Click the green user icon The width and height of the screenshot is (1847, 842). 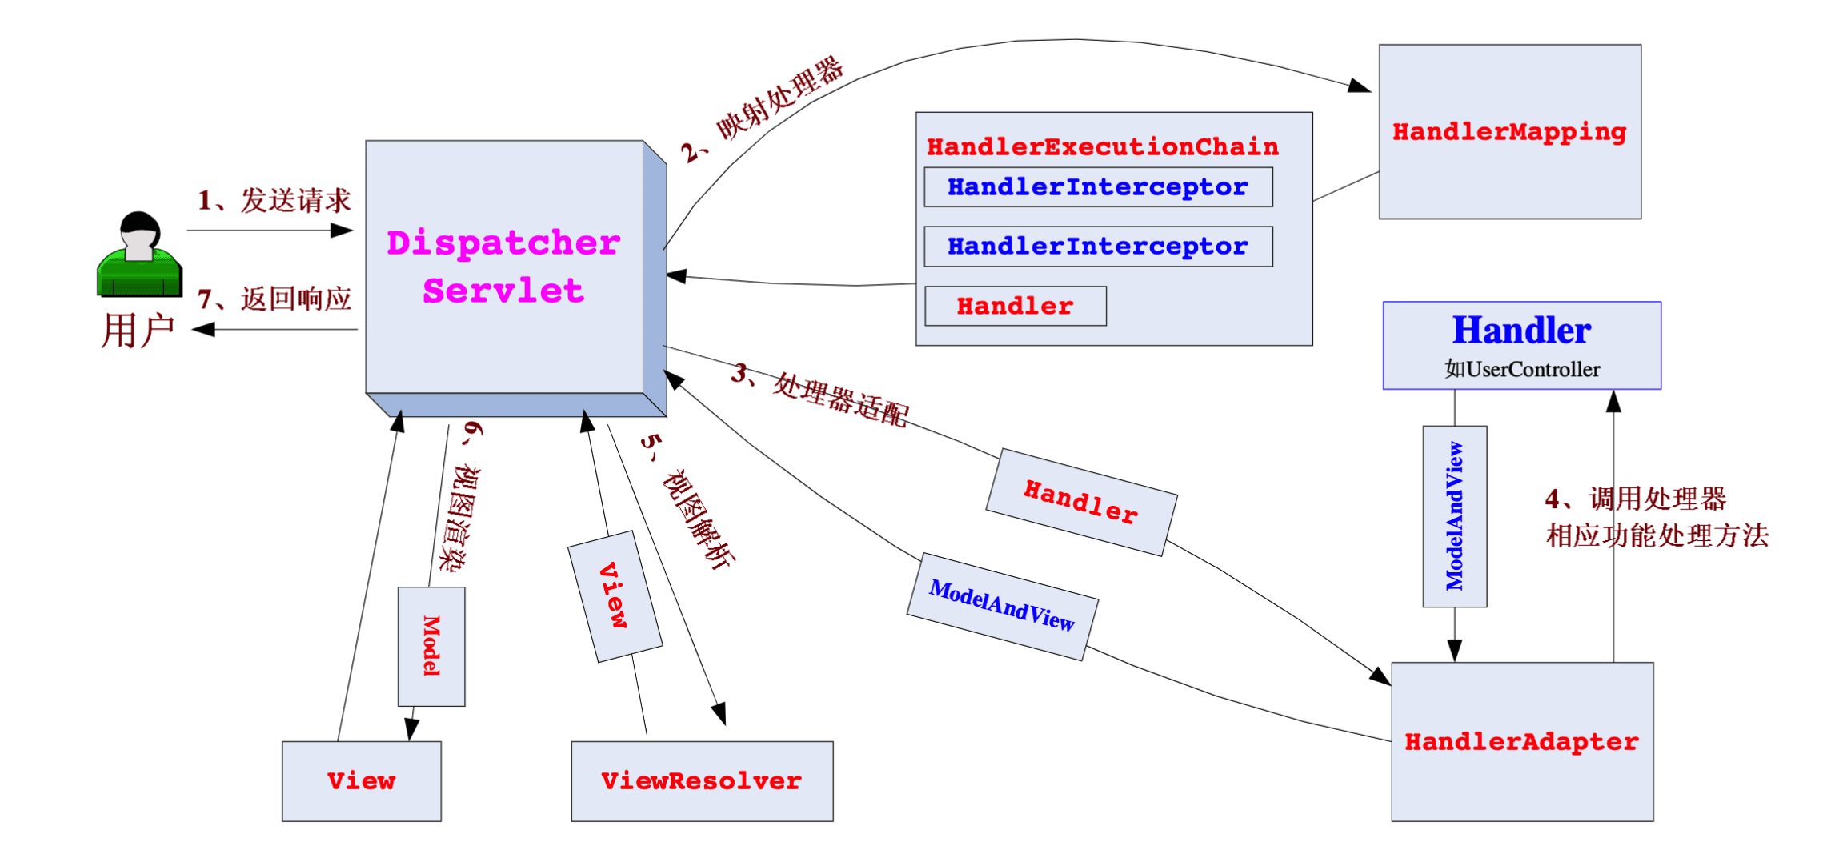(x=139, y=255)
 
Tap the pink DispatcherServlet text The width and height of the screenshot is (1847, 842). (x=503, y=267)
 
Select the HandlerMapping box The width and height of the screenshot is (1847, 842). (x=1509, y=132)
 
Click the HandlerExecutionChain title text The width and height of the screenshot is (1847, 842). (x=1102, y=147)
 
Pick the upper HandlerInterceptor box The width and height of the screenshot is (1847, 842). (x=1097, y=187)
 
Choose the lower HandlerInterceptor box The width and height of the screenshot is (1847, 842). (x=1097, y=247)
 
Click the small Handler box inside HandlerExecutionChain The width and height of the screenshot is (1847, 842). (x=1015, y=306)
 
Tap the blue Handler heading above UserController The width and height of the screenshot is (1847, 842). (x=1521, y=331)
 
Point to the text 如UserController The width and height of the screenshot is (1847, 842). (x=1521, y=369)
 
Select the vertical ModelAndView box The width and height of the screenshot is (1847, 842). (x=1454, y=516)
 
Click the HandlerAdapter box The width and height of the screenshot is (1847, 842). (x=1521, y=742)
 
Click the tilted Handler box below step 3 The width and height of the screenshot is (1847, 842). (x=1081, y=502)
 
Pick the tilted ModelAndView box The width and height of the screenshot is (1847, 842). (x=1002, y=606)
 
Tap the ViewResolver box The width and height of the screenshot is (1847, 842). (x=702, y=781)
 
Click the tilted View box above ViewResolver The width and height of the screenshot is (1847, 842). (x=615, y=596)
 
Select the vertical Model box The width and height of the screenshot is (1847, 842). (x=431, y=646)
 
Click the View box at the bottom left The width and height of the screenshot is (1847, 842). (x=361, y=781)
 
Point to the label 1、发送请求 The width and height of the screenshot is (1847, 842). (x=274, y=200)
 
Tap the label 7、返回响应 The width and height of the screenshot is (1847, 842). (x=274, y=299)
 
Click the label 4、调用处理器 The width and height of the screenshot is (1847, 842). (x=1635, y=499)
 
